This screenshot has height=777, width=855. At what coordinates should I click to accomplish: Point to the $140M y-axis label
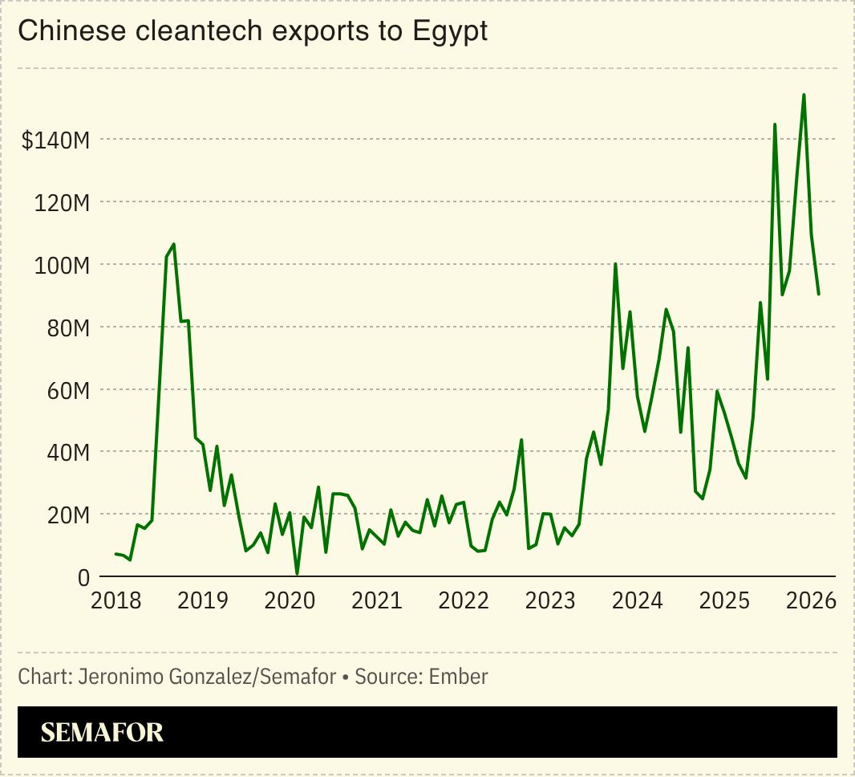point(55,140)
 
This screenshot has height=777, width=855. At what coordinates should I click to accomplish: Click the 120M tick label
point(61,202)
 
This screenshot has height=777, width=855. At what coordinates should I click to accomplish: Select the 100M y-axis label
point(61,265)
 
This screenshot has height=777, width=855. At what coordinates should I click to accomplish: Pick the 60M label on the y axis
point(65,390)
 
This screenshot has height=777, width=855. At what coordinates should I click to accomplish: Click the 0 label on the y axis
point(83,577)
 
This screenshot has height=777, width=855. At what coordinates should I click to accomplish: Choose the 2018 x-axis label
point(115,600)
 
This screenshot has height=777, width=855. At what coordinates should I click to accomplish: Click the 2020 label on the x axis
point(290,600)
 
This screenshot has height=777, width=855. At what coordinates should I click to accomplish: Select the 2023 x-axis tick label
point(550,600)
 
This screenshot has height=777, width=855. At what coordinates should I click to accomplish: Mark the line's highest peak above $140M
point(804,95)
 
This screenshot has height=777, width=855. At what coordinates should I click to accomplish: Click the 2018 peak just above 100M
point(174,244)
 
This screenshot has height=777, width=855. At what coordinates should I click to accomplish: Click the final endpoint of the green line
point(818,294)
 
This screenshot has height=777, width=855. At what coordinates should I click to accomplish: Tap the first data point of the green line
point(115,554)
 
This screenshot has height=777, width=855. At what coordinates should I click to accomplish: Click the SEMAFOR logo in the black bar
point(102,732)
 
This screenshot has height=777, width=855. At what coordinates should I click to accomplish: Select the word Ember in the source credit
point(458,677)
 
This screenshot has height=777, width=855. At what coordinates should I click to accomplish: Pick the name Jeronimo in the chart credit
point(113,677)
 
